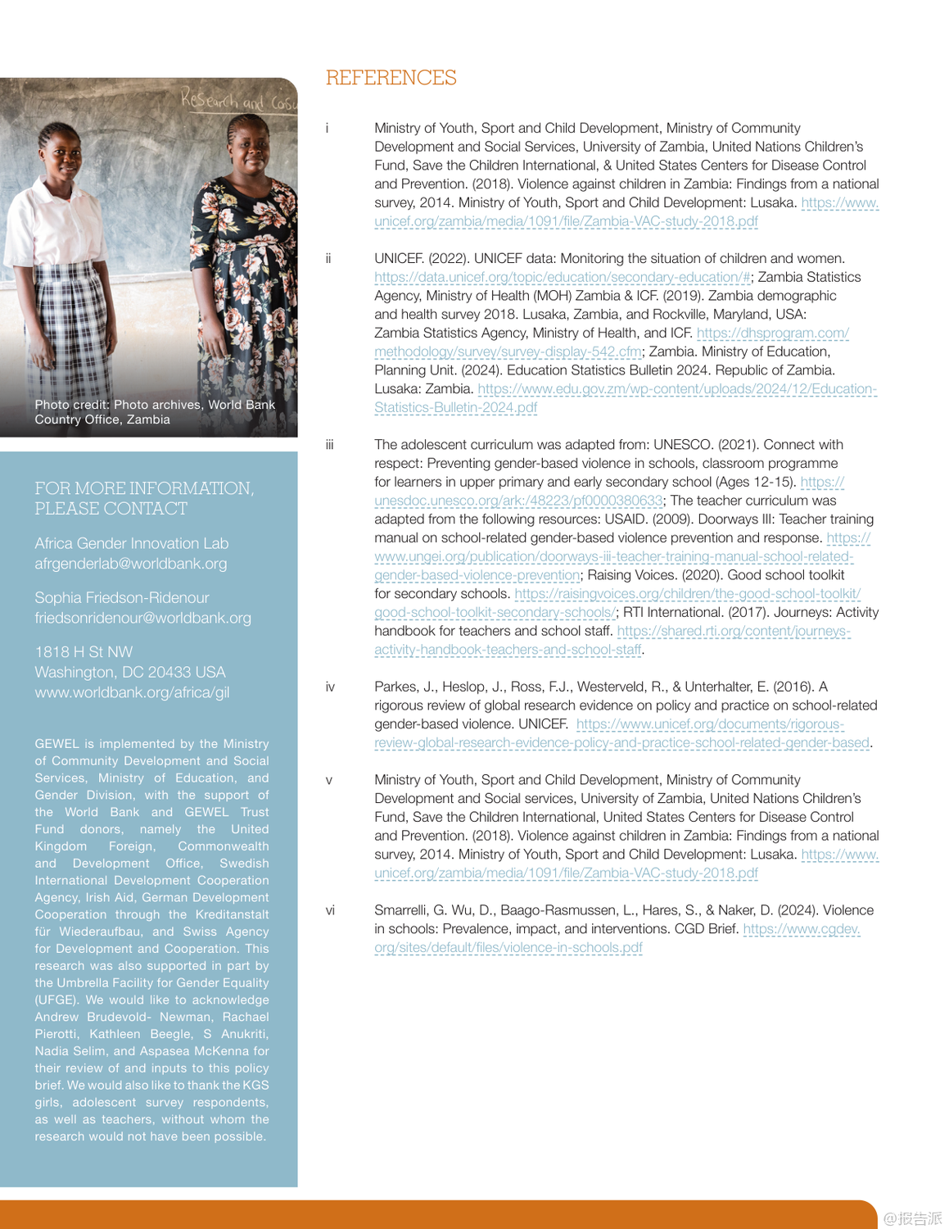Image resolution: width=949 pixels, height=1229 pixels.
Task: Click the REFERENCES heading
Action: (x=391, y=78)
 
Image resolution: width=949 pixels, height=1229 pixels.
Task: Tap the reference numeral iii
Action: (x=329, y=445)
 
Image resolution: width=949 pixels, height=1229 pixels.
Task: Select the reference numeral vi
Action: (x=330, y=910)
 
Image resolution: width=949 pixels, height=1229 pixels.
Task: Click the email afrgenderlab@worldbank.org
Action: (x=130, y=564)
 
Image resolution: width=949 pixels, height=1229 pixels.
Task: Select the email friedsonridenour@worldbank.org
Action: (x=142, y=618)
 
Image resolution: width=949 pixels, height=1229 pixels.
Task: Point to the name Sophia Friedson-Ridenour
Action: (x=121, y=597)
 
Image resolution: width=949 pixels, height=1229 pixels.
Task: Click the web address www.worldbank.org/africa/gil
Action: (x=132, y=692)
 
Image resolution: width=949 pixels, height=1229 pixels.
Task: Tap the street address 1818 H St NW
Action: (x=84, y=652)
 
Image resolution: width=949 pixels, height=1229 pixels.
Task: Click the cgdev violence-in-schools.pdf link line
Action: (x=508, y=948)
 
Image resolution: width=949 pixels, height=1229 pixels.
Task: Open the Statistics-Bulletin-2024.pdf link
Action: (x=455, y=408)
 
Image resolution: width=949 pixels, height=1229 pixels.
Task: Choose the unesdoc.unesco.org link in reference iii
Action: (x=518, y=501)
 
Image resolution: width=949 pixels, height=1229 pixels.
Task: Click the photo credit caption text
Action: (x=155, y=412)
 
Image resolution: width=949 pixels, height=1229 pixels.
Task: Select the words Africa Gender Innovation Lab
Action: (x=131, y=543)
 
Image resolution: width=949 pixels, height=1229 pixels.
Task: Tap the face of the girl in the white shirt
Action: (x=59, y=152)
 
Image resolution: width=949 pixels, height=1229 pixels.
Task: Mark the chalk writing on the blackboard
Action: (x=237, y=101)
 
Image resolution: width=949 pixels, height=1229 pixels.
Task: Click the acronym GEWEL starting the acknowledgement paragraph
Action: (x=56, y=744)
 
